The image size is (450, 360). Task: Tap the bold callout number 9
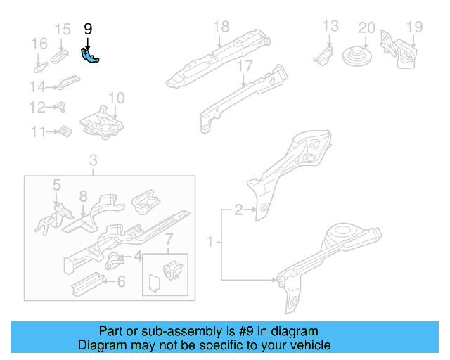click(88, 29)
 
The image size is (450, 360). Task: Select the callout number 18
click(221, 27)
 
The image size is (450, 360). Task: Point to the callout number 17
click(244, 67)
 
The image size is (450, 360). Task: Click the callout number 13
click(330, 27)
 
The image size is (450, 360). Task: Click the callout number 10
click(117, 98)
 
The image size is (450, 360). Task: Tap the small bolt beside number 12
click(61, 108)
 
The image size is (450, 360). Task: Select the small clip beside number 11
click(65, 131)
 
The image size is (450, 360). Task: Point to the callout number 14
click(37, 87)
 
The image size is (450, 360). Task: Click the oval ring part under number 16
click(40, 68)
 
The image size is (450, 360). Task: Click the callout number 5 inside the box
click(56, 185)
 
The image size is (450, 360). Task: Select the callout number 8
click(82, 196)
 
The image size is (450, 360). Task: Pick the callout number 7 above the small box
click(167, 243)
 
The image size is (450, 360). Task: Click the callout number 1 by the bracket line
click(209, 243)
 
